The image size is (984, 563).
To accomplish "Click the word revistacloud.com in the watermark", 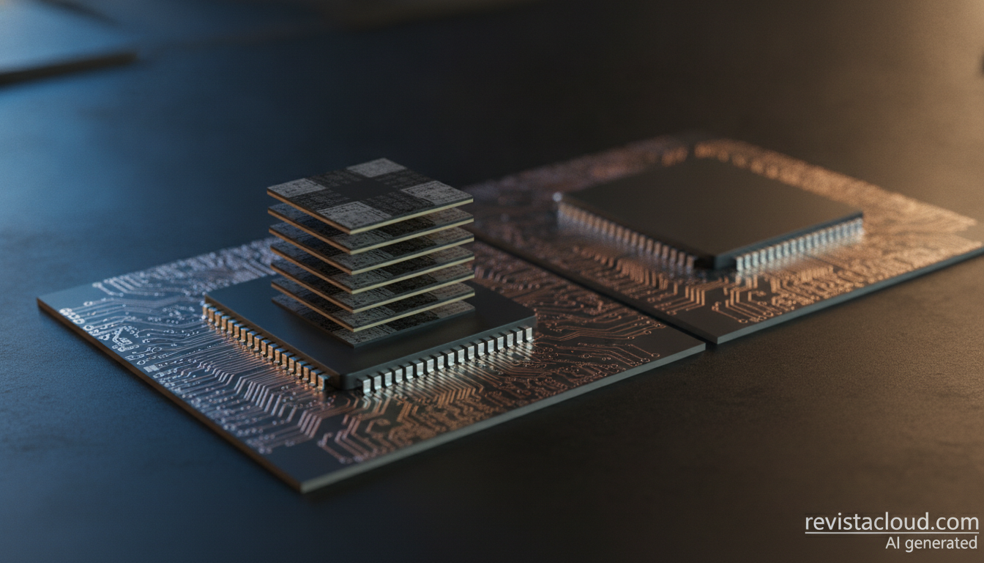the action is [x=892, y=523].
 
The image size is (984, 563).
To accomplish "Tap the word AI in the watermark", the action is [x=893, y=543].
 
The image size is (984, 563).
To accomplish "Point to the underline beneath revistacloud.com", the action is [x=892, y=534].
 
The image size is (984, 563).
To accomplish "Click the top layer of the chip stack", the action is [x=370, y=195].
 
